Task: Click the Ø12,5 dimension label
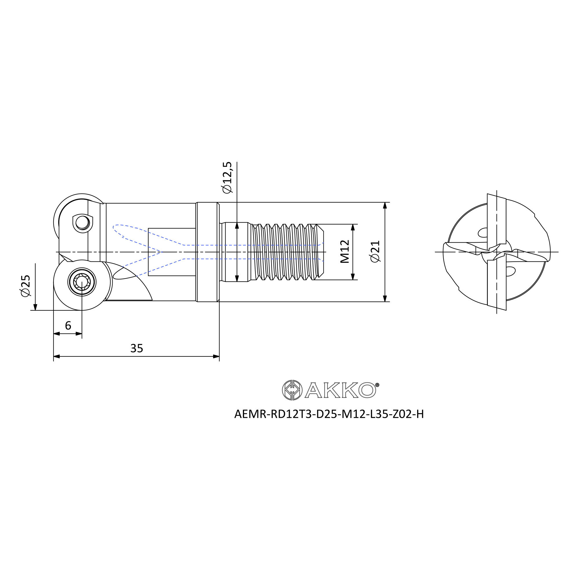coord(227,177)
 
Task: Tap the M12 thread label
coord(345,252)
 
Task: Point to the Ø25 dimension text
coord(25,286)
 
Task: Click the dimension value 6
coord(68,325)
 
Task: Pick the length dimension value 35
coord(137,349)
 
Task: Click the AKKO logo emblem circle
coord(292,390)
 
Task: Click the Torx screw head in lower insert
coord(82,282)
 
